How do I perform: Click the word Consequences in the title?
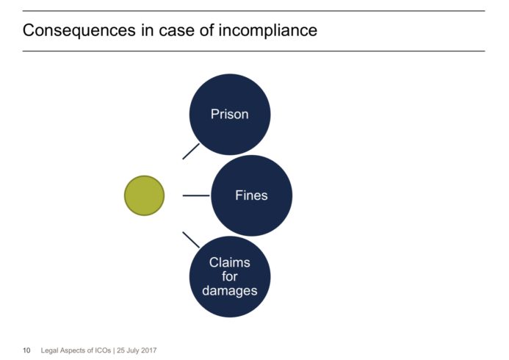79,31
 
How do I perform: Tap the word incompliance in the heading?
268,30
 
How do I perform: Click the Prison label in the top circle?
229,115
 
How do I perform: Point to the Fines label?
251,195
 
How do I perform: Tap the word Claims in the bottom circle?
229,262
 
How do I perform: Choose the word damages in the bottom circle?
229,290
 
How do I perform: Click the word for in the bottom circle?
229,276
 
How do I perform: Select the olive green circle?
145,195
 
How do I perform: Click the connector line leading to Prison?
191,151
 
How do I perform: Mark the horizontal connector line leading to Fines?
196,195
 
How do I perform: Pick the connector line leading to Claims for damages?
191,240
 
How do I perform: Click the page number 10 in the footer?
26,350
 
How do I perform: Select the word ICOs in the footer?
103,350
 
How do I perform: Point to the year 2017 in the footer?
149,350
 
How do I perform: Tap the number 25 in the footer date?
121,350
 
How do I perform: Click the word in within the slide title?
147,30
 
